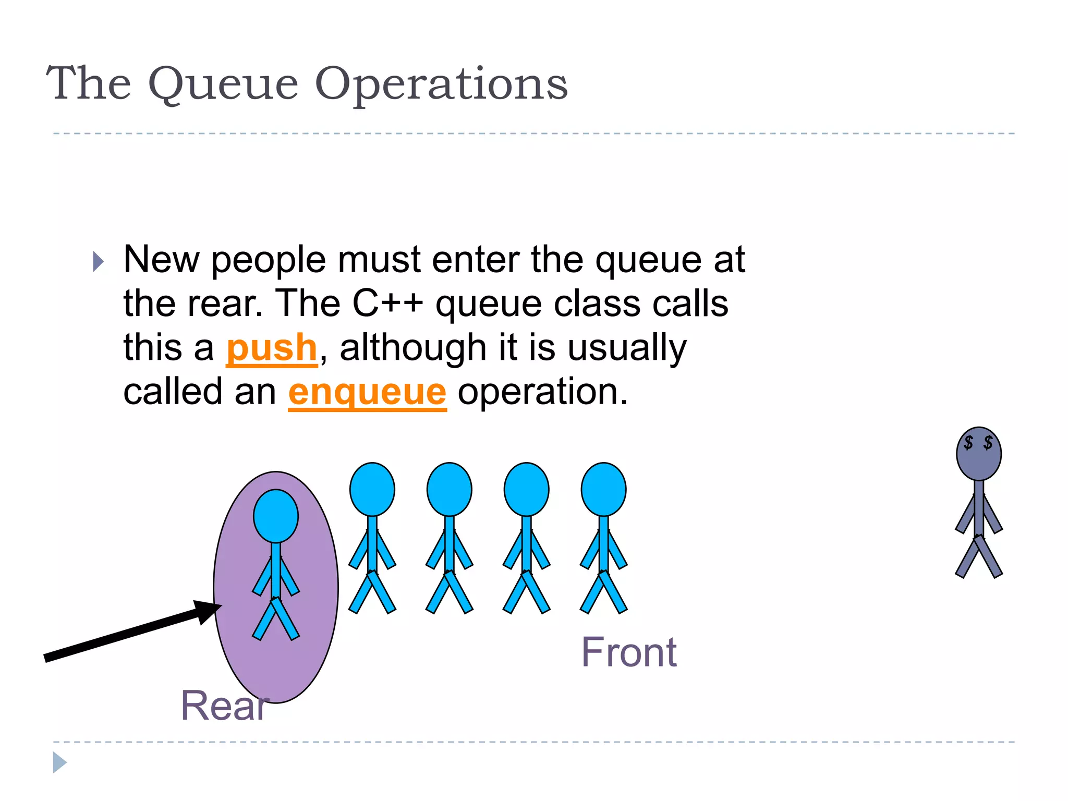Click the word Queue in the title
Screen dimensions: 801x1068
pyautogui.click(x=223, y=84)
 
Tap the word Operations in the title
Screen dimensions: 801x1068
pyautogui.click(x=441, y=84)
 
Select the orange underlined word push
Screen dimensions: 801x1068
pyautogui.click(x=272, y=348)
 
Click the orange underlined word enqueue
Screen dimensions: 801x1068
pyautogui.click(x=367, y=392)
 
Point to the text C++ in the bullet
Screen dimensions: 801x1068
pyautogui.click(x=387, y=304)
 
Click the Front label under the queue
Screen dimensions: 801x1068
pyautogui.click(x=629, y=652)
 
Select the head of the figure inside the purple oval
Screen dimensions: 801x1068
pyautogui.click(x=276, y=516)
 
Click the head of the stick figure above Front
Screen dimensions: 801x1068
pyautogui.click(x=603, y=489)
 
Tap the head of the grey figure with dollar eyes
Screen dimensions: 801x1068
pyautogui.click(x=978, y=454)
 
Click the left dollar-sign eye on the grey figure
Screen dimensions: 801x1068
pyautogui.click(x=968, y=443)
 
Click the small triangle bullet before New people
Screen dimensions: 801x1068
pyautogui.click(x=98, y=262)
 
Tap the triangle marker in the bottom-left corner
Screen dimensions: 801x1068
pyautogui.click(x=59, y=763)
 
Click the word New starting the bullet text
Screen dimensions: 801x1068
pyautogui.click(x=161, y=260)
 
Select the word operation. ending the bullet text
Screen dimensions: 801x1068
pyautogui.click(x=542, y=392)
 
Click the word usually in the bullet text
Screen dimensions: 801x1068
pyautogui.click(x=627, y=348)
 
